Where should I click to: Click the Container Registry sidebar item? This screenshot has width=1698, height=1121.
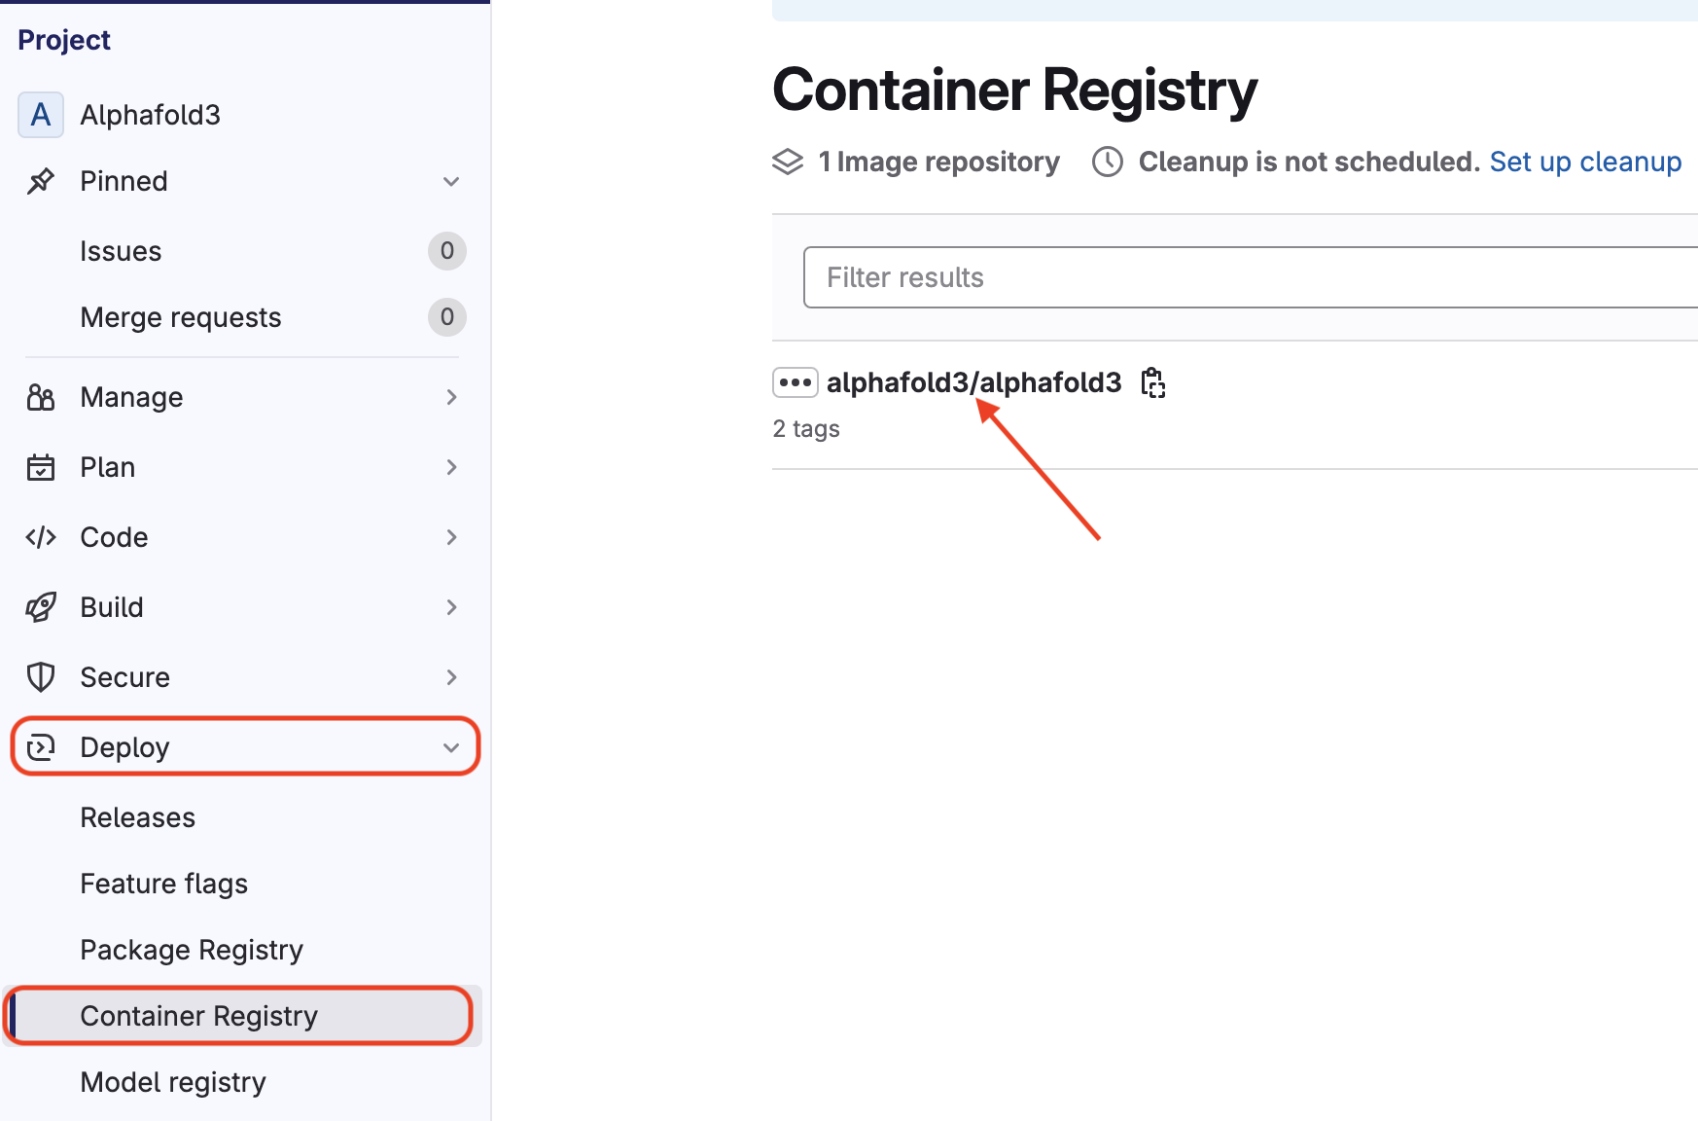198,1016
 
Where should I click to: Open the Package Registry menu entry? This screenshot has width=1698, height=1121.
192,950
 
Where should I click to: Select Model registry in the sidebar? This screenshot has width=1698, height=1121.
173,1082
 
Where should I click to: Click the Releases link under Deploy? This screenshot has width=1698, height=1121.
137,817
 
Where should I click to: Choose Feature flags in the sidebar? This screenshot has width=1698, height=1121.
163,884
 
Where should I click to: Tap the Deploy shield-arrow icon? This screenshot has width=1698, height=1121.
41,747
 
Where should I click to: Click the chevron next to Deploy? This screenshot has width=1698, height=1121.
451,747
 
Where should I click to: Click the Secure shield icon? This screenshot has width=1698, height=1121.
41,677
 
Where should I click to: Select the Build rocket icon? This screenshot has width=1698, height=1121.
41,607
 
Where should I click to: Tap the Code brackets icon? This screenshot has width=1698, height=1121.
41,537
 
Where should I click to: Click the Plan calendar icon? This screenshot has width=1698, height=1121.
41,467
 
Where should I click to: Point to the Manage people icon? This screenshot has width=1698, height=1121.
41,397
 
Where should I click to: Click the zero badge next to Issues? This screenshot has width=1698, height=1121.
447,251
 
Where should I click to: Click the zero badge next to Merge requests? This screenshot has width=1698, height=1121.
447,317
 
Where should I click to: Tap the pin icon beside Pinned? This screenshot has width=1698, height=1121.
41,181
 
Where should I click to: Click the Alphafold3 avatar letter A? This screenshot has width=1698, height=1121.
41,115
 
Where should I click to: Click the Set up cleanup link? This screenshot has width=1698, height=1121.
1585,162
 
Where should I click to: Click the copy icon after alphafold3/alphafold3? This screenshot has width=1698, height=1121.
1153,382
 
